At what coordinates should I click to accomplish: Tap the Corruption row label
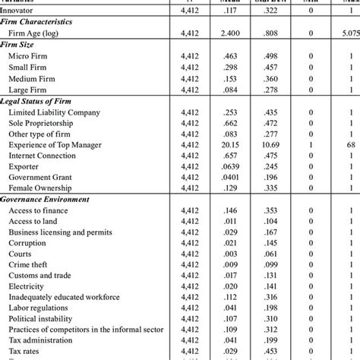tap(27, 242)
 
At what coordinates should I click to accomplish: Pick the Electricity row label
tap(27, 286)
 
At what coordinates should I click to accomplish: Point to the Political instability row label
tap(43, 320)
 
